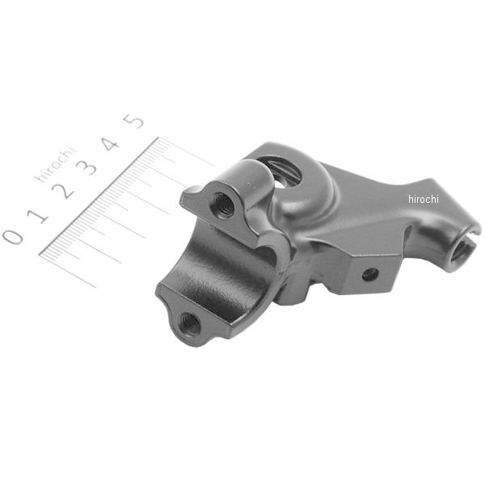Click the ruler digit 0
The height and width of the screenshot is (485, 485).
13,237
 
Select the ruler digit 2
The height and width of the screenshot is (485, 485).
63,191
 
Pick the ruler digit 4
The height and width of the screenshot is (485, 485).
111,144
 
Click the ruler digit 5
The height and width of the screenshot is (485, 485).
134,121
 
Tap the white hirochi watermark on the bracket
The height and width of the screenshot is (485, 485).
423,199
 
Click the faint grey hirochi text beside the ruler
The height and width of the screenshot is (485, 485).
56,163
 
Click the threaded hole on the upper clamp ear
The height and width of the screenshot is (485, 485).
223,205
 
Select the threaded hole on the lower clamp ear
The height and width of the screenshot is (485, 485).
189,323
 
